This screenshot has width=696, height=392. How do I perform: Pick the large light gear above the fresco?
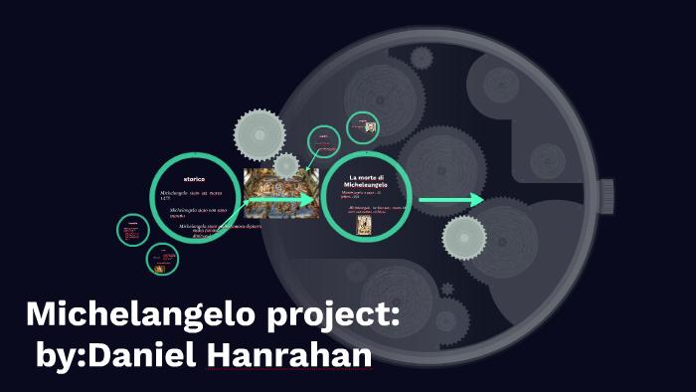tap(261, 130)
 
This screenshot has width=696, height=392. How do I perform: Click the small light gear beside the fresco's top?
tap(286, 165)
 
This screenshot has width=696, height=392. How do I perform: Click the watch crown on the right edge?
tap(609, 190)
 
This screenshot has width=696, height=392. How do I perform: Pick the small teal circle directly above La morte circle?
tap(323, 143)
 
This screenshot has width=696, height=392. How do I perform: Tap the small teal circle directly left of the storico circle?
tap(131, 231)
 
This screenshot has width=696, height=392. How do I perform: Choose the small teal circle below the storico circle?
tap(162, 261)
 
